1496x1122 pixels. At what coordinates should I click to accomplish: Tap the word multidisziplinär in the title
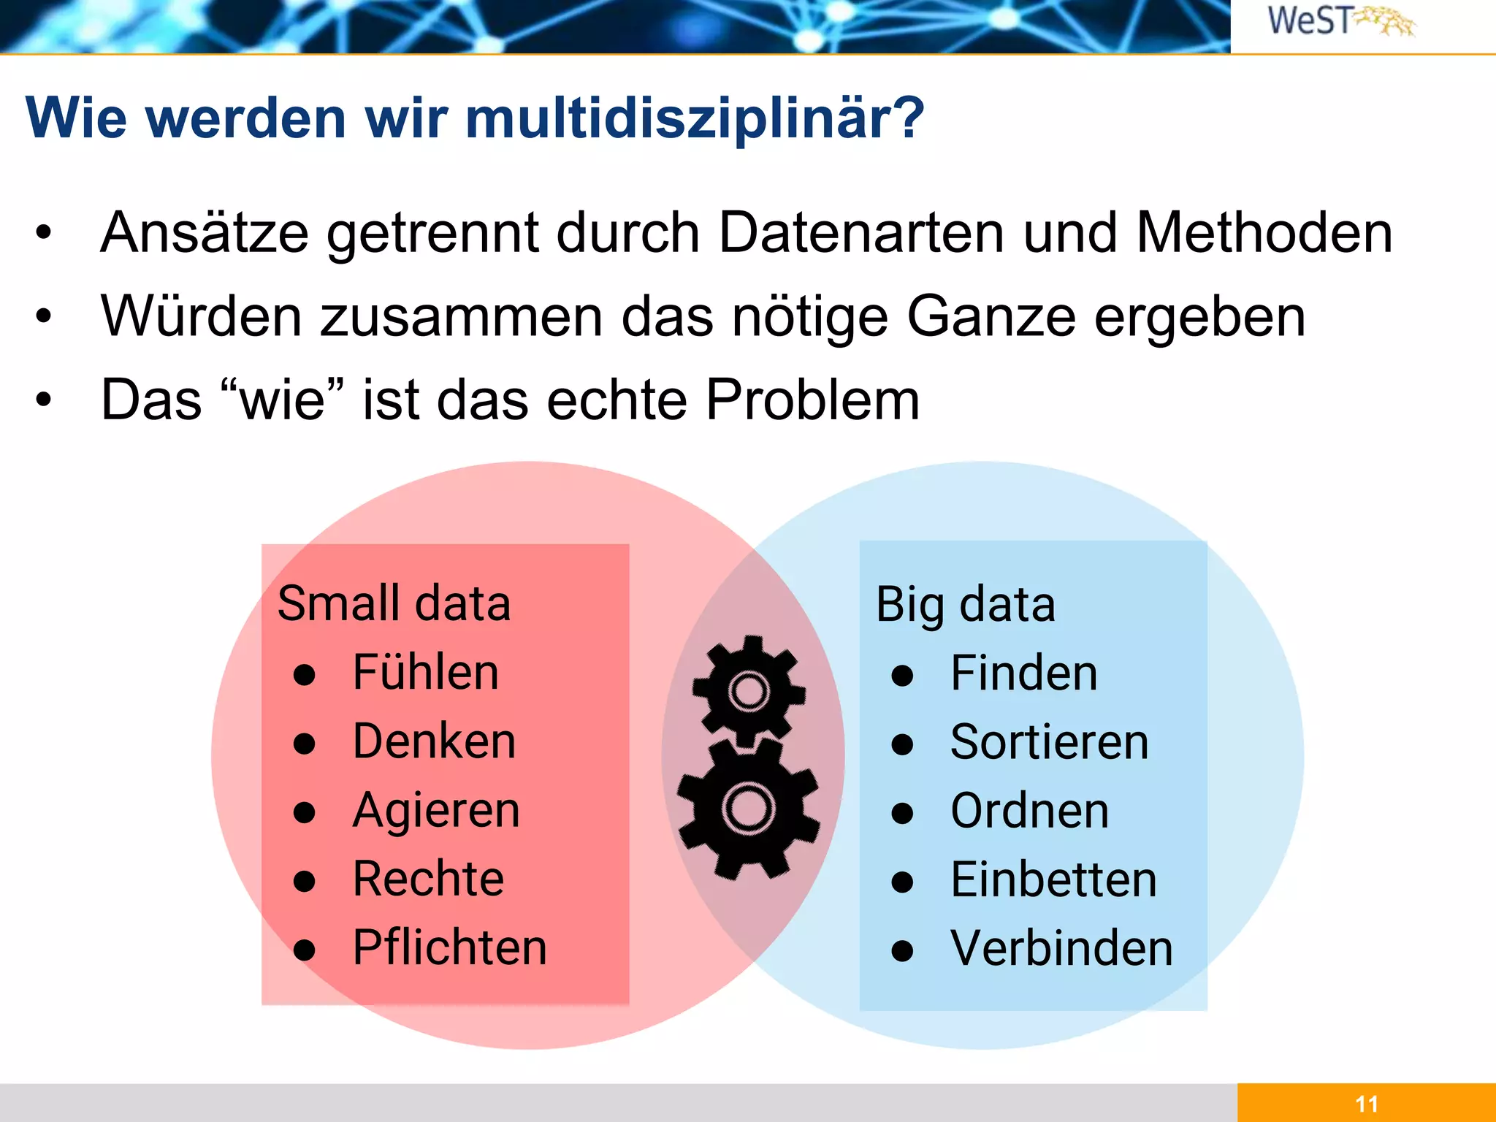[x=694, y=118]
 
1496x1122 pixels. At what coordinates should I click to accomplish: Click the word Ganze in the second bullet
[x=991, y=317]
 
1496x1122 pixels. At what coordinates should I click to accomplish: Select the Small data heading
[x=394, y=604]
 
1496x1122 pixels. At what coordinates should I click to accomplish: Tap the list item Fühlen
[x=425, y=673]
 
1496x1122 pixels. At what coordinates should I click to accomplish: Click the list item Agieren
[x=436, y=811]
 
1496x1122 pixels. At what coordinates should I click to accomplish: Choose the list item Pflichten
[x=449, y=948]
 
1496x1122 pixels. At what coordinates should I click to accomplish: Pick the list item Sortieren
[x=1049, y=742]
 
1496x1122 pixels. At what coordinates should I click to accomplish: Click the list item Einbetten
[x=1053, y=879]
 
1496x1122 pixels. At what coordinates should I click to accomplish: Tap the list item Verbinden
[x=1061, y=948]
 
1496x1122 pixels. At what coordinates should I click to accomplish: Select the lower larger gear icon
[x=748, y=808]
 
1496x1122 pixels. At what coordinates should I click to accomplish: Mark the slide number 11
[x=1366, y=1104]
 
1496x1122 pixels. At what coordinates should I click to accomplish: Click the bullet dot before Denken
[x=304, y=744]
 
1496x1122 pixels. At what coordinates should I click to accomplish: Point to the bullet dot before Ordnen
[x=903, y=813]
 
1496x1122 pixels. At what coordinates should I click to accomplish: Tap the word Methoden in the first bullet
[x=1264, y=233]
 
